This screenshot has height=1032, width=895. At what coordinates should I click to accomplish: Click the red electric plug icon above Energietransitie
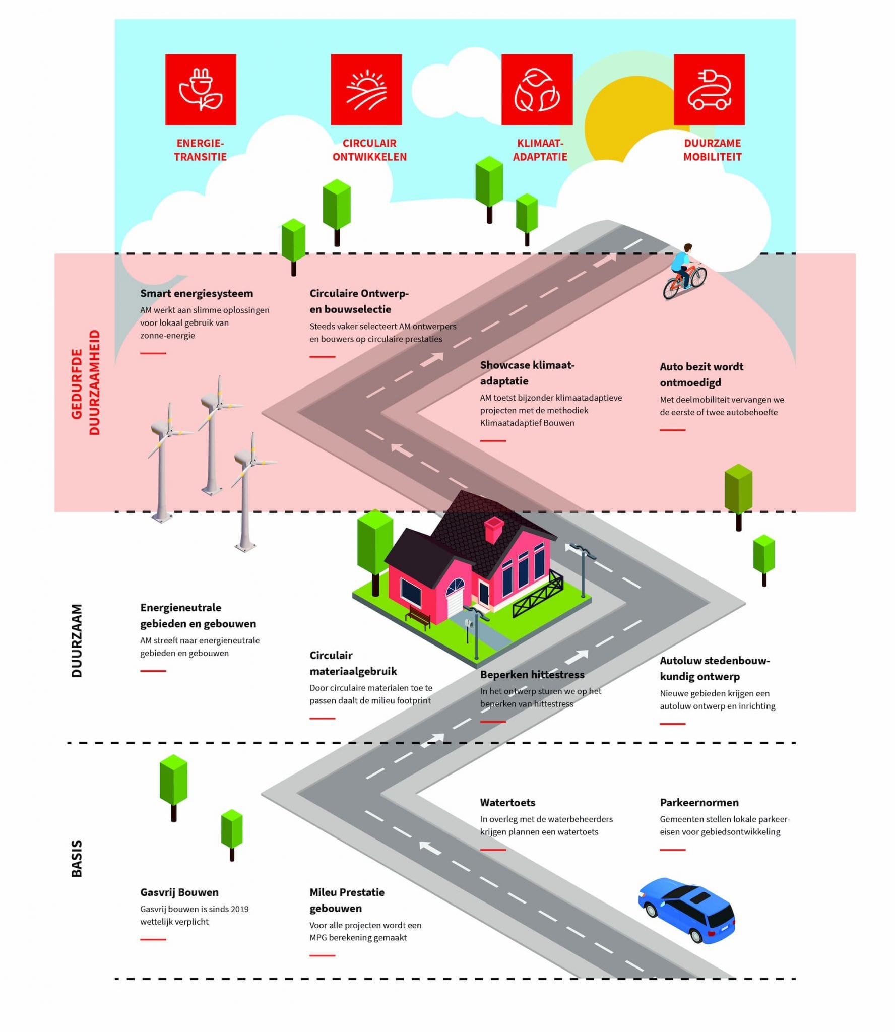(x=201, y=90)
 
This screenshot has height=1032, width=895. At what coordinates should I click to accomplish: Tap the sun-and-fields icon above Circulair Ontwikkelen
(x=366, y=90)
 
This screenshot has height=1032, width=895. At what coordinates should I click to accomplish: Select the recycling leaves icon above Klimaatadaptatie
(x=537, y=90)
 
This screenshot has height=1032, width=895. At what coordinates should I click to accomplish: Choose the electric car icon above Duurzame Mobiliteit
(x=709, y=90)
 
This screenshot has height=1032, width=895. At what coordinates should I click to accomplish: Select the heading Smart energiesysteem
(x=197, y=293)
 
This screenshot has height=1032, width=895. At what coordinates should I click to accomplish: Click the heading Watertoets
(x=507, y=802)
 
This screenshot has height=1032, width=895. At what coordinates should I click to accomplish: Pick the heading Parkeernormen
(x=699, y=802)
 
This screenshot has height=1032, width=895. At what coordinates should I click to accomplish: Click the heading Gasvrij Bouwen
(x=179, y=892)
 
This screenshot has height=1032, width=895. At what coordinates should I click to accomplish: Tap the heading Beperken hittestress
(x=532, y=674)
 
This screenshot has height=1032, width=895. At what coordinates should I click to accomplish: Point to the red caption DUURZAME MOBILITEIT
(x=712, y=150)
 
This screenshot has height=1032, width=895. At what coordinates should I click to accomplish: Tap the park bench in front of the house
(x=418, y=616)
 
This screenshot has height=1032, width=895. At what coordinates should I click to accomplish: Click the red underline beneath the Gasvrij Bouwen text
(x=153, y=939)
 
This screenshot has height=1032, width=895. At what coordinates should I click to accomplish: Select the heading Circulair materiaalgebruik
(x=353, y=663)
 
